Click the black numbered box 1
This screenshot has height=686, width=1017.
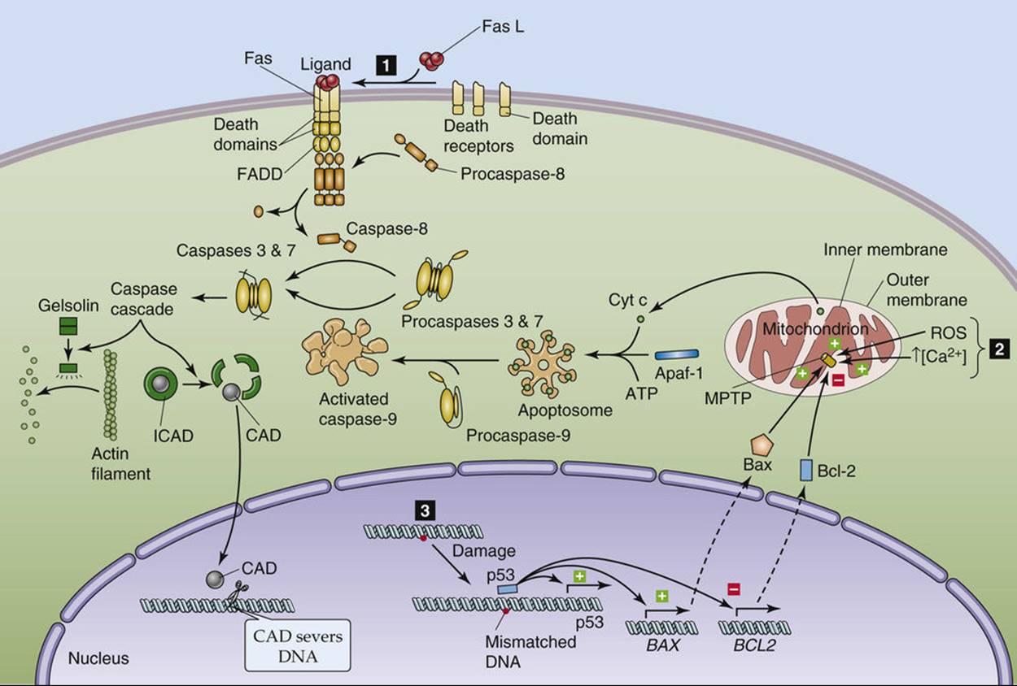tap(386, 65)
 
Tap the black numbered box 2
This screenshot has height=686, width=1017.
tap(999, 350)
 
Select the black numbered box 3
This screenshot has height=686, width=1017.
tap(425, 511)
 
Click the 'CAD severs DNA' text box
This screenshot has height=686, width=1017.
tap(298, 645)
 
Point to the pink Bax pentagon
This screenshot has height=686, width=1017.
tap(762, 446)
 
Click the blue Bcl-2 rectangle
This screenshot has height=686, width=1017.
tap(806, 470)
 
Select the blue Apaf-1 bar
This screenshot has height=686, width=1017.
tap(677, 354)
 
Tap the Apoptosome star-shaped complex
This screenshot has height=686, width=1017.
tap(542, 364)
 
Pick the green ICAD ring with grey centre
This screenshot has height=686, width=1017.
tap(160, 384)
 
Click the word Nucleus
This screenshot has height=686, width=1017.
tap(98, 658)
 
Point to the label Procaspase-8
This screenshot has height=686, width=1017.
tap(513, 174)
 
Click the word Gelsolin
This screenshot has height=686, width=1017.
tap(68, 306)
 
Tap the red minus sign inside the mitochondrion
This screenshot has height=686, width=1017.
tap(838, 380)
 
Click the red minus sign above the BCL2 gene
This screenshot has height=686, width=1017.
tap(734, 589)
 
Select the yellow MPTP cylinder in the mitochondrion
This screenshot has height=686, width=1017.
tap(831, 360)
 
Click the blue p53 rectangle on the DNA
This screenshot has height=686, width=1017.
tap(507, 589)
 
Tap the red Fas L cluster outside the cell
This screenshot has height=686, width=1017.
tap(431, 61)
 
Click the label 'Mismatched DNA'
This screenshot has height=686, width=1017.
tap(530, 652)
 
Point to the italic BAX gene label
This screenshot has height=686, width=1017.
tap(663, 645)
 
